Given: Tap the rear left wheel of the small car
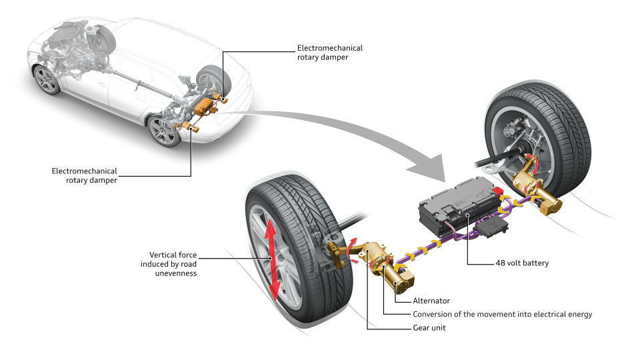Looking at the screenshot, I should [x=163, y=130].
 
